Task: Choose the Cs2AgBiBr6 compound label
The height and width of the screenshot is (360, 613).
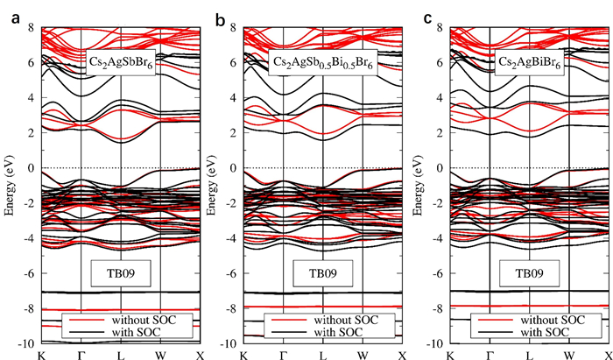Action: [529, 65]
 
